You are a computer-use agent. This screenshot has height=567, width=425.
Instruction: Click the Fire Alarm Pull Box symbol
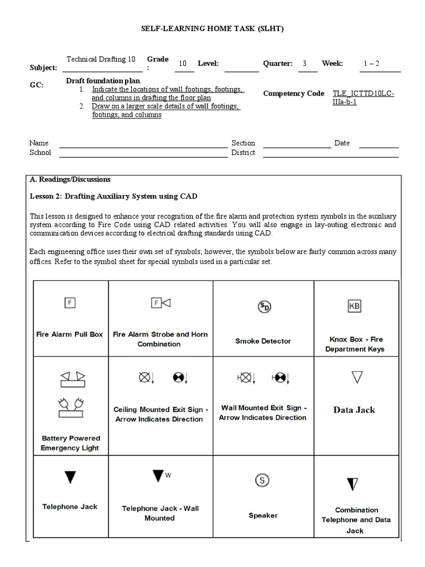tap(70, 302)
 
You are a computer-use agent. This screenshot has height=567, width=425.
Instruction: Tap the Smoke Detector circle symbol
tap(264, 307)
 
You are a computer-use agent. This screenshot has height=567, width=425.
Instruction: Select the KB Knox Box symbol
tap(354, 306)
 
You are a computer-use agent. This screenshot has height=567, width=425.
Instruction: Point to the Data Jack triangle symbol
tap(356, 378)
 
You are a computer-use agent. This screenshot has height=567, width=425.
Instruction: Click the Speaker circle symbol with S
tap(262, 480)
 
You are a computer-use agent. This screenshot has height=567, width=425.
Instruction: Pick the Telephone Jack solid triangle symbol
tap(70, 477)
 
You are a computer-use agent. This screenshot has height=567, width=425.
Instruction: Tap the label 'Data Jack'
tap(354, 410)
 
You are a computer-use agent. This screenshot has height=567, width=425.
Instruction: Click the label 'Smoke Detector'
tap(263, 341)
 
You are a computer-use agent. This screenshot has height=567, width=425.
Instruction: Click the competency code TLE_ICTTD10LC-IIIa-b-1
tap(364, 98)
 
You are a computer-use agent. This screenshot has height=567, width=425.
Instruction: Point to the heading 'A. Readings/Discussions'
tap(70, 179)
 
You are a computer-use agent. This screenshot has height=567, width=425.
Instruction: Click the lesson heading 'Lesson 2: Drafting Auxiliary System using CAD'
tap(113, 196)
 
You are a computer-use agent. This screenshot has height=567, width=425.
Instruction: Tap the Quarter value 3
tap(304, 63)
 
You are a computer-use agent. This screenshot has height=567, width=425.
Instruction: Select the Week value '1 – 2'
tap(371, 63)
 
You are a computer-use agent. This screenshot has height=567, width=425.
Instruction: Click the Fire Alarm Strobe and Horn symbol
tap(160, 302)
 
